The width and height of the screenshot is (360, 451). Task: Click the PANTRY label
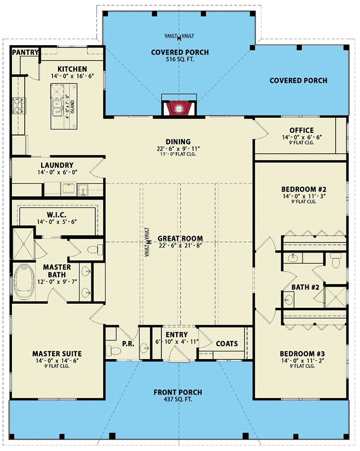(25, 52)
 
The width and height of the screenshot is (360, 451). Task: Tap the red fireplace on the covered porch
(179, 107)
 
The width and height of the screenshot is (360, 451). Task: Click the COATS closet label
(226, 343)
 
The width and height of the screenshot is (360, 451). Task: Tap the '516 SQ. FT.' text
(179, 59)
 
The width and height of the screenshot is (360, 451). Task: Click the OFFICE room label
(301, 130)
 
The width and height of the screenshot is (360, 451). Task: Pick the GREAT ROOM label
(180, 238)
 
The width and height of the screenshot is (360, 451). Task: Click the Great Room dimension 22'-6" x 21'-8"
(180, 246)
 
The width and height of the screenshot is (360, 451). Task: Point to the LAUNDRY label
(56, 165)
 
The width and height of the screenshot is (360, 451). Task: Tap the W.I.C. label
(56, 214)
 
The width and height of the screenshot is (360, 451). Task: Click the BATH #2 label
(305, 287)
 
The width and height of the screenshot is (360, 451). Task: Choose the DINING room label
(178, 142)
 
